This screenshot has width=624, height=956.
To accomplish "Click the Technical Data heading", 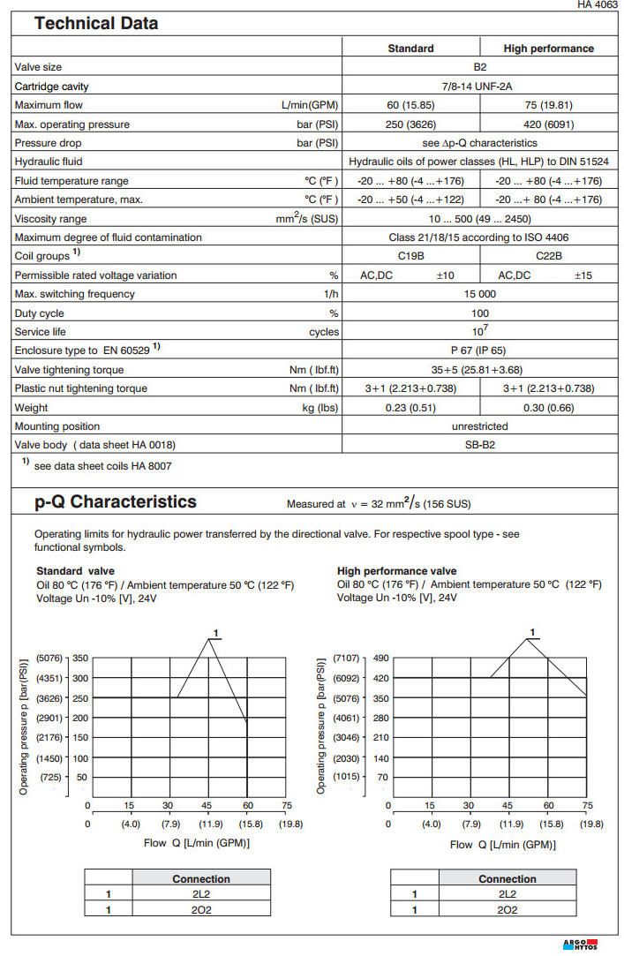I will (x=96, y=24).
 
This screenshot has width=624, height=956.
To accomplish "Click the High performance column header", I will (x=548, y=49).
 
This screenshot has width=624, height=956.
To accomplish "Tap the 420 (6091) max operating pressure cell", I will (x=548, y=124).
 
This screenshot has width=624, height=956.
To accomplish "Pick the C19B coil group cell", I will (x=411, y=256).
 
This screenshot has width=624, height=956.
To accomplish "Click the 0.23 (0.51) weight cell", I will (x=411, y=407).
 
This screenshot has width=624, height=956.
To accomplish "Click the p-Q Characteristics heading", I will (x=116, y=502).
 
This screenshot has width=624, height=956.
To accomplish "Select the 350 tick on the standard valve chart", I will (x=80, y=659).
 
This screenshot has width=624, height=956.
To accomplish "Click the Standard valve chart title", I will (x=75, y=571).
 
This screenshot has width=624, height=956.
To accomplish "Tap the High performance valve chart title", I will (x=396, y=571).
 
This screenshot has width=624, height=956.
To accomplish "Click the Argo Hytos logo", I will (x=581, y=945).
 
